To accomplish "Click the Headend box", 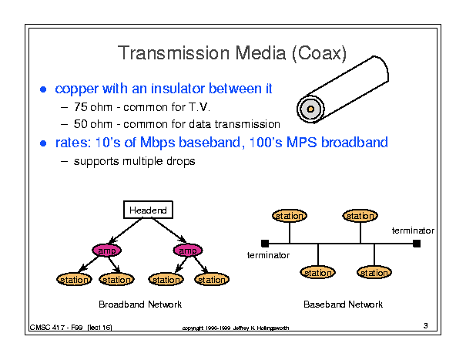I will [x=147, y=210].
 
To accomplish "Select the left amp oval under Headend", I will [x=107, y=251].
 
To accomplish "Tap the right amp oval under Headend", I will [x=186, y=251].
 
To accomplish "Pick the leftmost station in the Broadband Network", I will [x=73, y=280].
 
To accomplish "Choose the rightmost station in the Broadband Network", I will [x=210, y=280].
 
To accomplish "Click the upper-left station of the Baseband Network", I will [x=290, y=216].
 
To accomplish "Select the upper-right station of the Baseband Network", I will [x=360, y=216].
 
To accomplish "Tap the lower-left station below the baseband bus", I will [x=318, y=273].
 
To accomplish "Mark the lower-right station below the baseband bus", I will [x=374, y=273].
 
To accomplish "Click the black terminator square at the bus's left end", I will [x=265, y=244].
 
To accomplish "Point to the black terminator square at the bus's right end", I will [x=417, y=244].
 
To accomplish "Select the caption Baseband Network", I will [x=344, y=304].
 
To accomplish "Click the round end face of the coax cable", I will [x=310, y=109].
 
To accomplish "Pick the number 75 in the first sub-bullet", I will [x=80, y=107].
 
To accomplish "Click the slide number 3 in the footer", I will [x=425, y=325].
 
